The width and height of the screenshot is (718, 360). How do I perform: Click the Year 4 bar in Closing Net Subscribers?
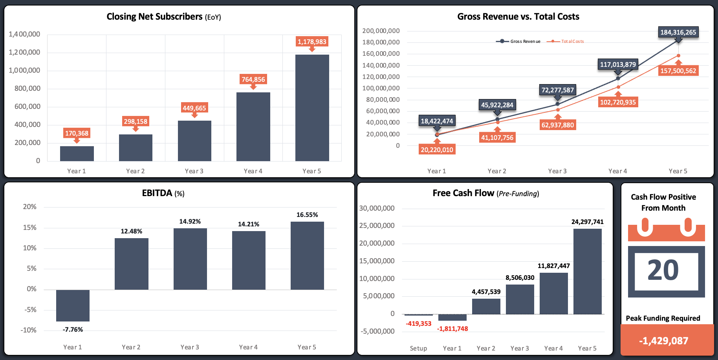(x=253, y=127)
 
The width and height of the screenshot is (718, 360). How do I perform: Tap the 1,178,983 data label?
(x=312, y=42)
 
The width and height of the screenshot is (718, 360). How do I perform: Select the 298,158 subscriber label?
(x=136, y=121)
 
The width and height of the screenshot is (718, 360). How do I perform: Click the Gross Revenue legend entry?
(x=518, y=41)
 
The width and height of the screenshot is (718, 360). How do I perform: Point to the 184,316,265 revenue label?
(x=678, y=32)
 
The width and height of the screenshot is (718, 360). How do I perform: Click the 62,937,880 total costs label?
(x=557, y=125)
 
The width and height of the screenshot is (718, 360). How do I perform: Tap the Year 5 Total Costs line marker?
(x=678, y=56)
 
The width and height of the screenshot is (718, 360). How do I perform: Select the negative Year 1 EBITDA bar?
(x=73, y=305)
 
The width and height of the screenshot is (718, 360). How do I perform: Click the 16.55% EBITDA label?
(x=307, y=215)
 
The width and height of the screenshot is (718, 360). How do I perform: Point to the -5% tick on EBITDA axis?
(x=30, y=310)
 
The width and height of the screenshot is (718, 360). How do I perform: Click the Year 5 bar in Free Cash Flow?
(x=587, y=271)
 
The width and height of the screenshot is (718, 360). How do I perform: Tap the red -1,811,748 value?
(x=452, y=329)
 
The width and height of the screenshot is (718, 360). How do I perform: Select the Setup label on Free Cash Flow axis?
(x=418, y=348)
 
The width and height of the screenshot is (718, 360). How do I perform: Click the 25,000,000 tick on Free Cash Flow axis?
(x=377, y=226)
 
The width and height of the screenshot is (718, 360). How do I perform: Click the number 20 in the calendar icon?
(x=663, y=270)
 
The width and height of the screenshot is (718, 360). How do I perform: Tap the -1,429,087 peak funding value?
(x=663, y=341)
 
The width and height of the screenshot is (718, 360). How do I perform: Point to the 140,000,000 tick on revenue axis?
(x=381, y=65)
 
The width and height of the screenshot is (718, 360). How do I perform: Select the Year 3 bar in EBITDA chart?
(x=190, y=259)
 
